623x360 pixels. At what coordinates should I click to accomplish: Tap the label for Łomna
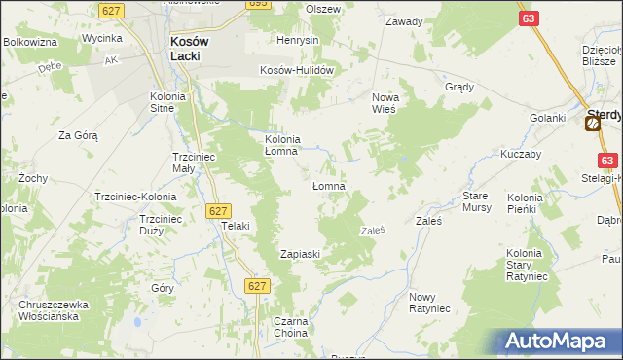coord(329,185)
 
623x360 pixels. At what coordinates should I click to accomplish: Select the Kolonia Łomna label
coord(289,145)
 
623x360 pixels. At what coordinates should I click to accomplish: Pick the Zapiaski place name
coord(301,254)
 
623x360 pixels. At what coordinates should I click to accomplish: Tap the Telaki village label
coord(236,226)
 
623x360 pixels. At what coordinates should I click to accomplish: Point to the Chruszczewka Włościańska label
coord(54,310)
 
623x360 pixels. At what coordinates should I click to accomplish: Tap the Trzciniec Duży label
coord(156,225)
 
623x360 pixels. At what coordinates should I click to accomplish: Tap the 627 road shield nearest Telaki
coord(217,210)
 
